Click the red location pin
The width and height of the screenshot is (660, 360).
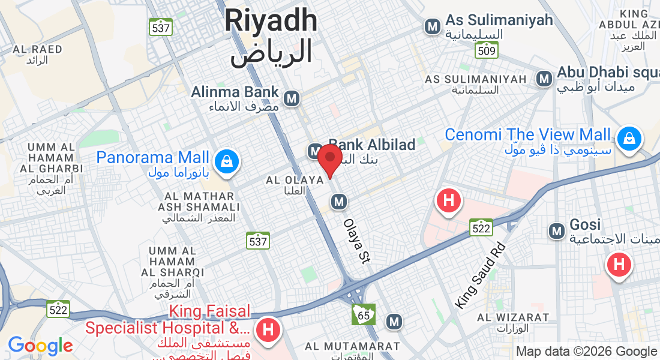[x=329, y=159]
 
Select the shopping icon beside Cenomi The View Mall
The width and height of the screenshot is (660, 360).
[x=629, y=138]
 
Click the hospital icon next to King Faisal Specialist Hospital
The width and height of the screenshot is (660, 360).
[x=268, y=329]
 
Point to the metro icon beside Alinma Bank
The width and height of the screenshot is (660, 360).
[x=292, y=98]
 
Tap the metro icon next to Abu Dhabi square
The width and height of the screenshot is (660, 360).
[x=544, y=79]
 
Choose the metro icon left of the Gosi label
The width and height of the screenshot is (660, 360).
[x=557, y=230]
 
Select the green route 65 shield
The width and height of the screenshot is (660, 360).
[x=364, y=314]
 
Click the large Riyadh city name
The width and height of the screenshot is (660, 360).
[x=271, y=21]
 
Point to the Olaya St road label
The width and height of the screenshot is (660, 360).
[x=356, y=241]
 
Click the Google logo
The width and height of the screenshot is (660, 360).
[x=40, y=346]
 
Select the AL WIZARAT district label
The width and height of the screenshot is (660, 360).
[x=513, y=317]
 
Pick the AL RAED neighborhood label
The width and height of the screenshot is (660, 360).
[x=37, y=49]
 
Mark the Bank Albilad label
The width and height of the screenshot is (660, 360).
[x=373, y=145]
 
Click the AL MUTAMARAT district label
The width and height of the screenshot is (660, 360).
[x=352, y=346]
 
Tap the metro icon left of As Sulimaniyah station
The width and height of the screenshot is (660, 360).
[x=432, y=26]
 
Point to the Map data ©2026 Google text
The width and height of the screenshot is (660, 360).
[x=587, y=352]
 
